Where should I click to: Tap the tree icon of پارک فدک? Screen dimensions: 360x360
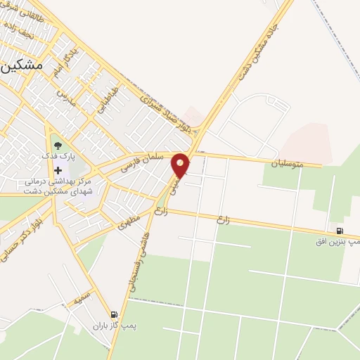click(x=58, y=146)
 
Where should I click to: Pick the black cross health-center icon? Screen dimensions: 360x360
click(x=58, y=170)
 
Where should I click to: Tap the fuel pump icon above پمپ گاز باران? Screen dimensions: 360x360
click(x=114, y=315)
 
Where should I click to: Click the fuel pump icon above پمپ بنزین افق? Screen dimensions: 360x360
click(x=340, y=231)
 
